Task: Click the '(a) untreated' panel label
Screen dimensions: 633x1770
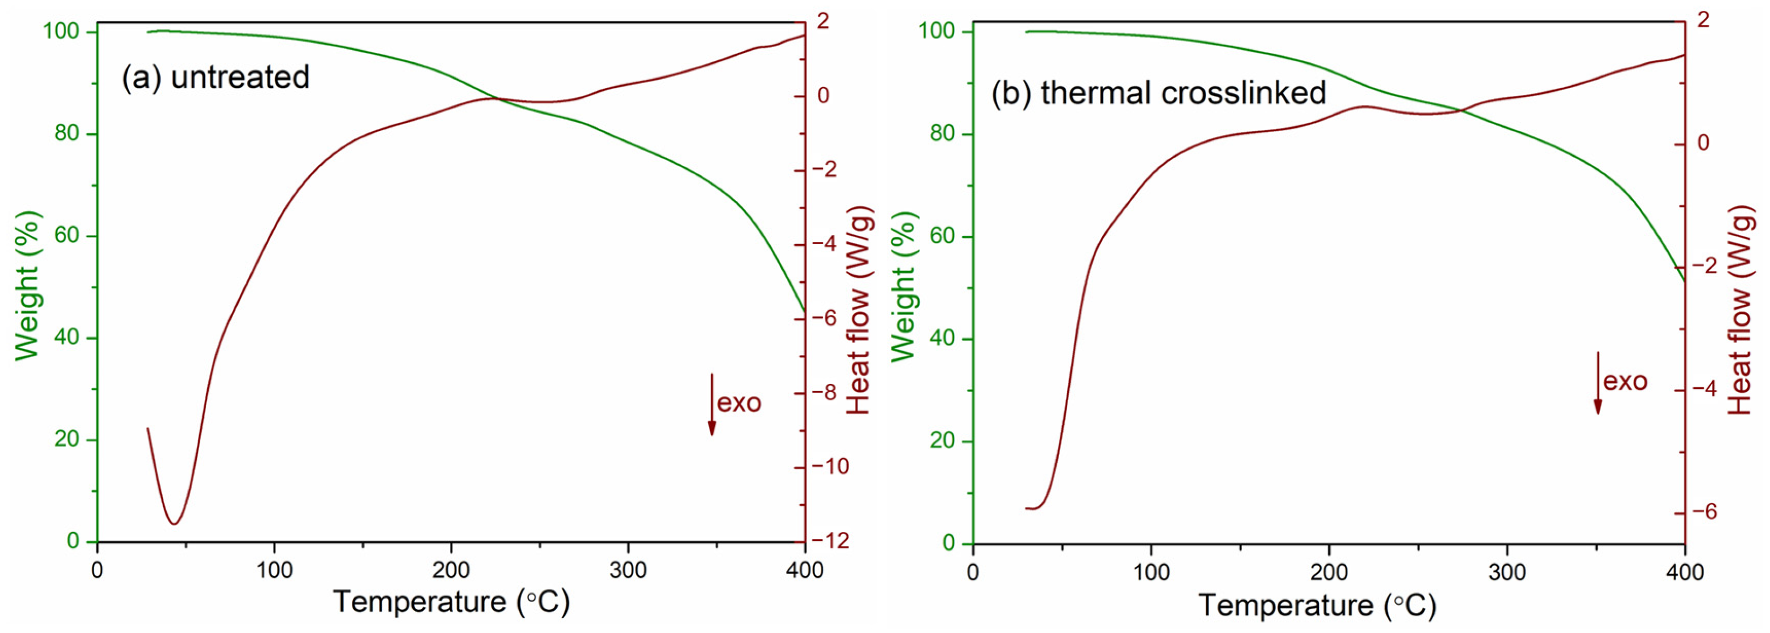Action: pos(216,77)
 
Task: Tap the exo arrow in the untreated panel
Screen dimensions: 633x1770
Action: pos(712,405)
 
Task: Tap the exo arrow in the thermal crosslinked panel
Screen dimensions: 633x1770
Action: pos(1597,383)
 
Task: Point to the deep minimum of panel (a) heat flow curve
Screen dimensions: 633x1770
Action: pos(174,524)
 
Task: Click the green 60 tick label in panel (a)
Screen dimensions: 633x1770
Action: pos(67,235)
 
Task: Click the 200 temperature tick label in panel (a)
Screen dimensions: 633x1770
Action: pos(451,571)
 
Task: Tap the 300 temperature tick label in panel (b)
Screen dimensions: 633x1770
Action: pos(1507,572)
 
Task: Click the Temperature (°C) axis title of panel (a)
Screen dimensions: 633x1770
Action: pos(452,602)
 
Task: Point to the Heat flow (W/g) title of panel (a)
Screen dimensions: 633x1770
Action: pos(859,310)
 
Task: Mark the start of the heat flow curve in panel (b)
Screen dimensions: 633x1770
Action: pos(1026,508)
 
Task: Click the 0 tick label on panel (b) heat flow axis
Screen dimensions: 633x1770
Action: pos(1703,143)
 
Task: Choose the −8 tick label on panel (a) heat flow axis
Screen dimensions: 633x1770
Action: pos(828,393)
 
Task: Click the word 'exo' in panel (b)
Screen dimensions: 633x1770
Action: pos(1625,381)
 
